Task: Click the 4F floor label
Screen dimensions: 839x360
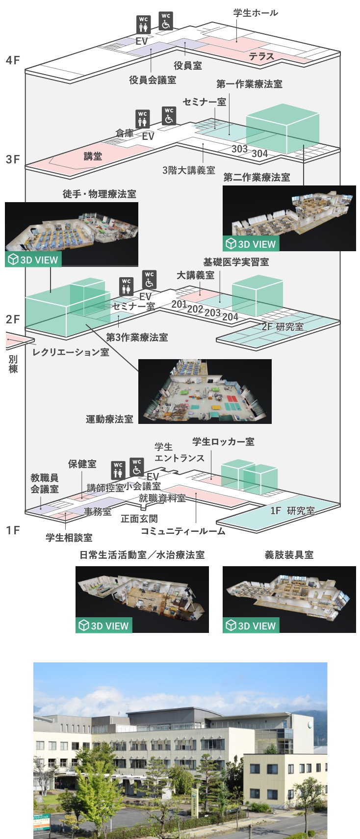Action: pyautogui.click(x=13, y=60)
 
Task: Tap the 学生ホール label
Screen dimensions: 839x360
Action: pyautogui.click(x=255, y=13)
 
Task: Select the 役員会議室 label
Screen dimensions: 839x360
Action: pyautogui.click(x=153, y=79)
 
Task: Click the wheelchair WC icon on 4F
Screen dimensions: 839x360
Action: pyautogui.click(x=166, y=21)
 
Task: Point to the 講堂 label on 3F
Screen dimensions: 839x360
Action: pyautogui.click(x=93, y=156)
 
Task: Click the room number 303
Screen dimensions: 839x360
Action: pyautogui.click(x=239, y=149)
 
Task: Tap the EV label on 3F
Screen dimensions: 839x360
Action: pyautogui.click(x=148, y=136)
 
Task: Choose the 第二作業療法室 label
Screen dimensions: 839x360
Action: pyautogui.click(x=257, y=177)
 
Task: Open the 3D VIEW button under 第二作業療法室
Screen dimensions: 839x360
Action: pyautogui.click(x=251, y=244)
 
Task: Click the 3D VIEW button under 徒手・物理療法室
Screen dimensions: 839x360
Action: pyautogui.click(x=33, y=260)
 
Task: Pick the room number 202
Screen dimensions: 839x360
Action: pyautogui.click(x=195, y=309)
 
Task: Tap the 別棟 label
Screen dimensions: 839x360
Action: pyautogui.click(x=13, y=364)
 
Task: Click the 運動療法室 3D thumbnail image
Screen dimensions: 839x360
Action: pyautogui.click(x=205, y=391)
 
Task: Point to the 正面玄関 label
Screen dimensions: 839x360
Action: pyautogui.click(x=139, y=519)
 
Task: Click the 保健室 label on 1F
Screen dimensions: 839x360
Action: pyautogui.click(x=82, y=464)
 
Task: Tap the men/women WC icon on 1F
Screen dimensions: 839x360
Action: pyautogui.click(x=118, y=470)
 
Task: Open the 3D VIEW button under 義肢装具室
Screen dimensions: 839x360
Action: pyautogui.click(x=251, y=626)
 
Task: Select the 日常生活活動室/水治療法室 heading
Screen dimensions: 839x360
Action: pyautogui.click(x=142, y=555)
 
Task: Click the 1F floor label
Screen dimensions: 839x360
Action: pyautogui.click(x=13, y=530)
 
